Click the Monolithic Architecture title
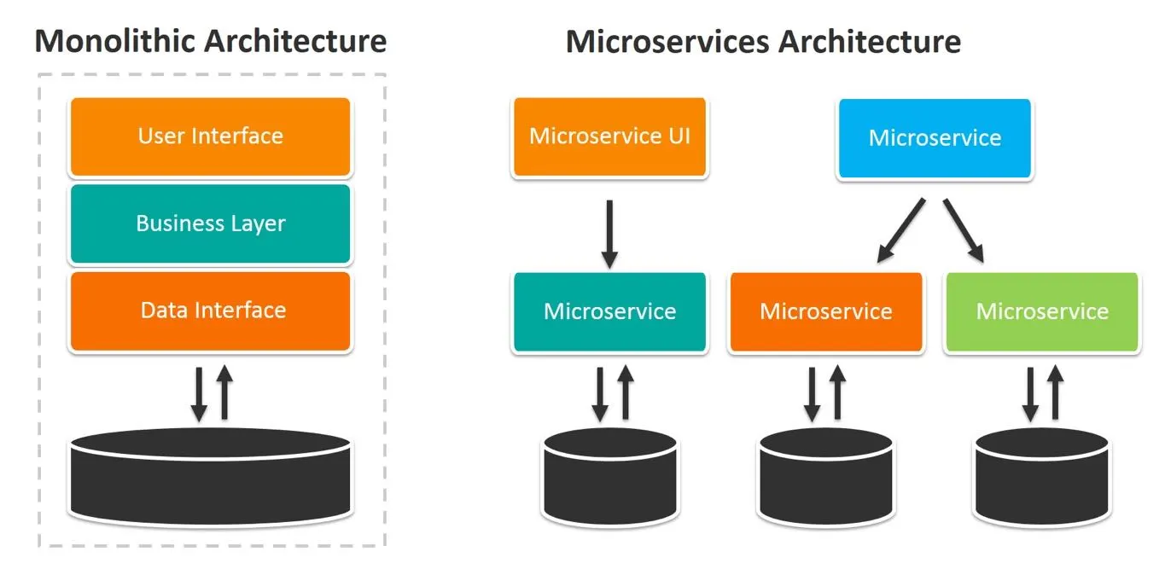pyautogui.click(x=210, y=41)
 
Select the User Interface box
pyautogui.click(x=210, y=136)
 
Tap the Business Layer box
pyautogui.click(x=210, y=223)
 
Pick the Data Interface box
pyautogui.click(x=210, y=311)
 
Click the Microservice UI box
pyautogui.click(x=609, y=137)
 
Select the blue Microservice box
pyautogui.click(x=935, y=138)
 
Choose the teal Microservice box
pyautogui.click(x=609, y=311)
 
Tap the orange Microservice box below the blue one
pyautogui.click(x=825, y=311)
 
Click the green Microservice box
pyautogui.click(x=1042, y=311)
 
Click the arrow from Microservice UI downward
pyautogui.click(x=609, y=234)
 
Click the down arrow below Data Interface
pyautogui.click(x=199, y=393)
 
